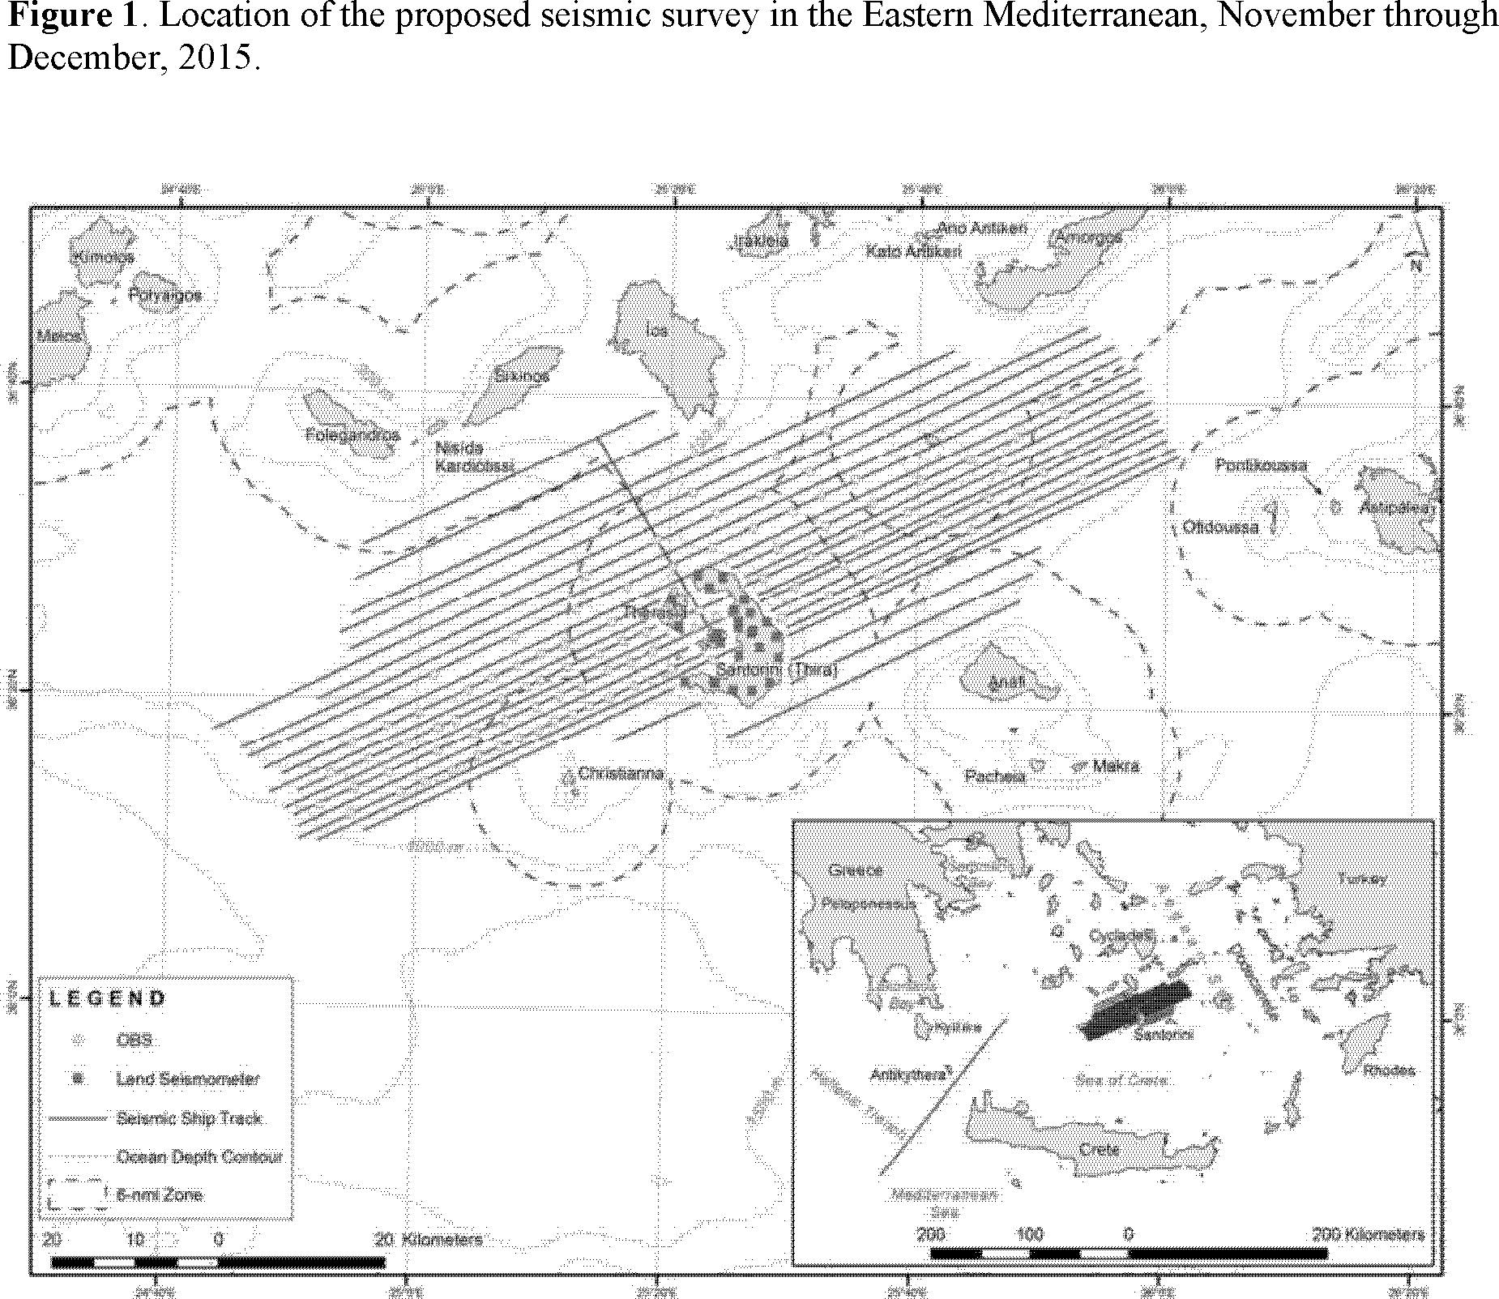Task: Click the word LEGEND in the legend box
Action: pyautogui.click(x=108, y=998)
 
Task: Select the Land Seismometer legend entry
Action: pyautogui.click(x=188, y=1079)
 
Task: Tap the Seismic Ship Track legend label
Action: pyautogui.click(x=190, y=1118)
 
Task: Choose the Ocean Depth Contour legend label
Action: pyautogui.click(x=199, y=1156)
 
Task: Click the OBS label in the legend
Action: pyautogui.click(x=134, y=1040)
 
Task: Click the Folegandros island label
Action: pyautogui.click(x=353, y=434)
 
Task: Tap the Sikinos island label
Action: pyautogui.click(x=522, y=375)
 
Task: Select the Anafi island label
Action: pyautogui.click(x=1007, y=682)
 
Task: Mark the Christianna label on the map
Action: pyautogui.click(x=621, y=773)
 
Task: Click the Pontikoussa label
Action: pyautogui.click(x=1261, y=465)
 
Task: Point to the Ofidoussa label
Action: pyautogui.click(x=1221, y=527)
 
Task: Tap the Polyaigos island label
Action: pyautogui.click(x=165, y=295)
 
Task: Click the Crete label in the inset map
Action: pyautogui.click(x=1100, y=1149)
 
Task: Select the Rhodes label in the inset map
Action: pyautogui.click(x=1389, y=1070)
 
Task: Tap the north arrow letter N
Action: pyautogui.click(x=1417, y=265)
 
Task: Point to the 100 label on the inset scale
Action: pyautogui.click(x=1030, y=1235)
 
